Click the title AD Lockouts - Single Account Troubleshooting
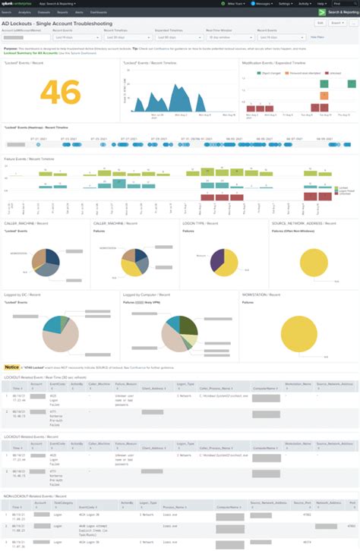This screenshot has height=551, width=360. [x=57, y=23]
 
